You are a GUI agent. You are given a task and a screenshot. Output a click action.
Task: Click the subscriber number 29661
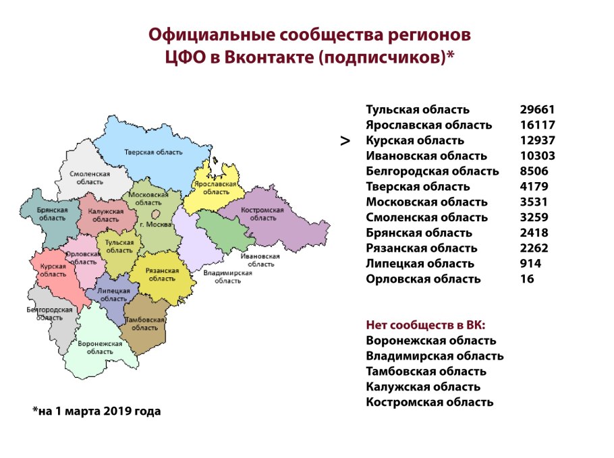pyautogui.click(x=538, y=109)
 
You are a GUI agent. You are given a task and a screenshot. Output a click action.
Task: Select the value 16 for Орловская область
pyautogui.click(x=526, y=279)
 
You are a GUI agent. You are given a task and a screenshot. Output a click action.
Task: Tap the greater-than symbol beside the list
pyautogui.click(x=345, y=141)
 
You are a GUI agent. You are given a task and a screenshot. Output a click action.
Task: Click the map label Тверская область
pyautogui.click(x=153, y=152)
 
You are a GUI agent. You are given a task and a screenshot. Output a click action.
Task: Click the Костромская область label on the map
pyautogui.click(x=263, y=214)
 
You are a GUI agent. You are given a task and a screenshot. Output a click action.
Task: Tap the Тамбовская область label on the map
pyautogui.click(x=144, y=323)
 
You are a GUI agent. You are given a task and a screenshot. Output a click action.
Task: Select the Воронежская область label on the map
pyautogui.click(x=100, y=347)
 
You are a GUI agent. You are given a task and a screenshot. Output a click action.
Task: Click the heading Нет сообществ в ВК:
pyautogui.click(x=426, y=324)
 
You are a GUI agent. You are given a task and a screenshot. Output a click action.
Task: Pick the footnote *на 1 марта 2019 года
pyautogui.click(x=96, y=411)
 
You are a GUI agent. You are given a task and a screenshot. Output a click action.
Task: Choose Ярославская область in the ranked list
pyautogui.click(x=429, y=125)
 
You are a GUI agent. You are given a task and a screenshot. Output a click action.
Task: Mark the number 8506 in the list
pyautogui.click(x=534, y=171)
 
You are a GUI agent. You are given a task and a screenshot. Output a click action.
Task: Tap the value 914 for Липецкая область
pyautogui.click(x=530, y=264)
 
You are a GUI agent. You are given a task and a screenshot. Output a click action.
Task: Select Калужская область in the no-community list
pyautogui.click(x=423, y=387)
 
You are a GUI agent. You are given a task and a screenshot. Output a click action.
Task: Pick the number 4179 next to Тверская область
pyautogui.click(x=534, y=187)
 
